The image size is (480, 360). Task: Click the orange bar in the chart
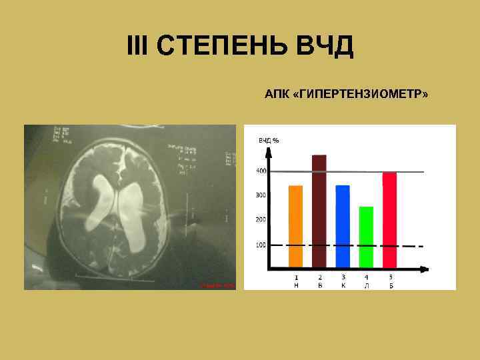pyautogui.click(x=295, y=227)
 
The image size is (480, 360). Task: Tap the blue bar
pyautogui.click(x=343, y=227)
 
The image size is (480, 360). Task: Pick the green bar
pyautogui.click(x=366, y=237)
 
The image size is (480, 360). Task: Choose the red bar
pyautogui.click(x=389, y=220)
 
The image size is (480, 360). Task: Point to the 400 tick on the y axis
pyautogui.click(x=261, y=171)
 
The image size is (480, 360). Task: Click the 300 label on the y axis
pyautogui.click(x=261, y=195)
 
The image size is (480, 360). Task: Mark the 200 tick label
pyautogui.click(x=261, y=219)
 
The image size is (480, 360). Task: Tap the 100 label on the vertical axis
pyautogui.click(x=261, y=245)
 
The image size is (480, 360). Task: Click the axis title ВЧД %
pyautogui.click(x=269, y=140)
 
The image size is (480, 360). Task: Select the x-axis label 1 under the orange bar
pyautogui.click(x=296, y=277)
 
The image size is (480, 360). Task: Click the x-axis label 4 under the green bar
pyautogui.click(x=366, y=277)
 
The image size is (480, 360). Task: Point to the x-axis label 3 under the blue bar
pyautogui.click(x=343, y=277)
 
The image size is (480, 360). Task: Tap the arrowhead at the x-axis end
pyautogui.click(x=425, y=269)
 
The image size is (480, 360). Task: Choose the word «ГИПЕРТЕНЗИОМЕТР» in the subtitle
pyautogui.click(x=360, y=95)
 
